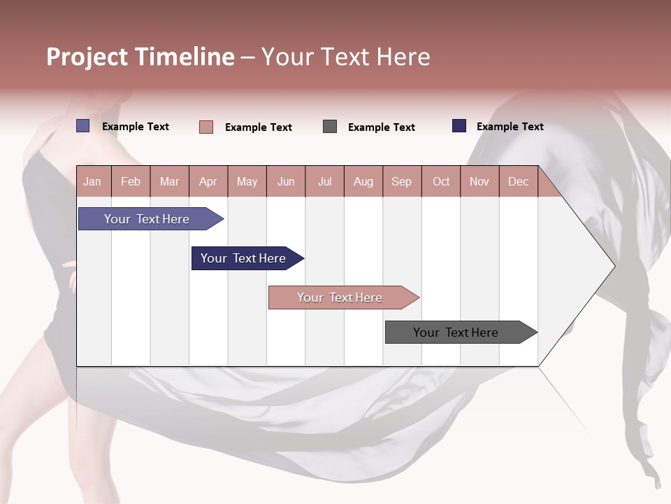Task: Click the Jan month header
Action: point(92,182)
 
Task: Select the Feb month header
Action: point(131,182)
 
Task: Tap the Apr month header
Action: point(208,182)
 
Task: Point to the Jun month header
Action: point(286,182)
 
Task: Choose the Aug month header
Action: point(363,182)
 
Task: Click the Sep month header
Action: point(401,182)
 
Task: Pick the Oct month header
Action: point(441,182)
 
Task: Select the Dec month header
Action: point(518,182)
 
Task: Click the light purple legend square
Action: point(83,126)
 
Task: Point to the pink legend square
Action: point(206,127)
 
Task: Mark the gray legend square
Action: point(330,127)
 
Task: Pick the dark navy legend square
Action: point(459,126)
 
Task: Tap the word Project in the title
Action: point(87,57)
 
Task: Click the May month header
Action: point(247,182)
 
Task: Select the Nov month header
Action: point(479,182)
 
